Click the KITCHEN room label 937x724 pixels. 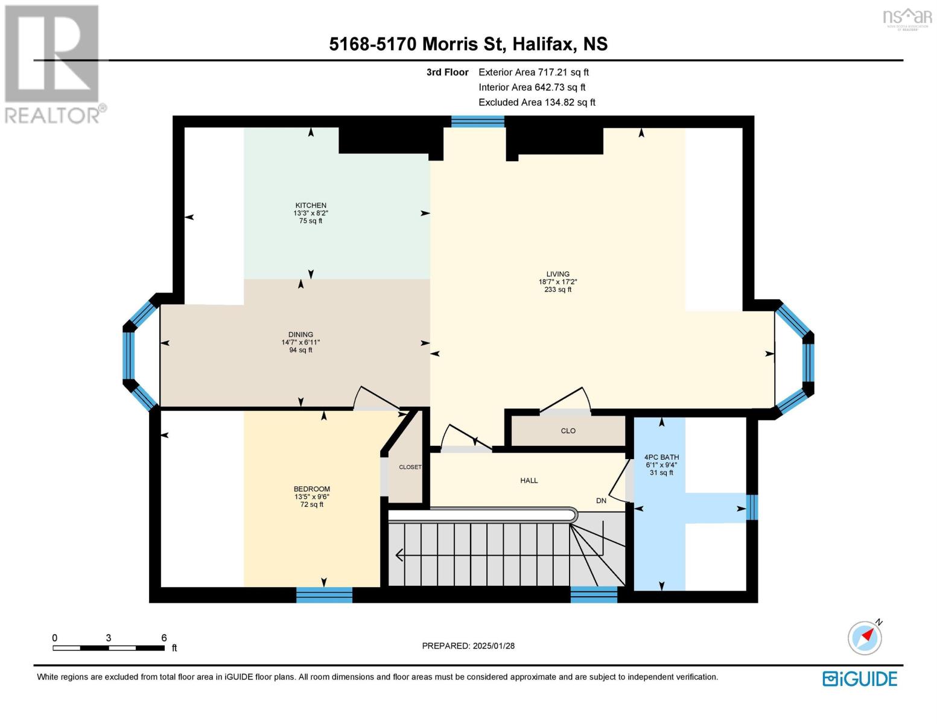[311, 205]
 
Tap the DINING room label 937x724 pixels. [300, 334]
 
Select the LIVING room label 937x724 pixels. [557, 274]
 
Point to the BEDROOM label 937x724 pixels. [312, 489]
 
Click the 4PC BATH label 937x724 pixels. [661, 457]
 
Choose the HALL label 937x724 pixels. [529, 480]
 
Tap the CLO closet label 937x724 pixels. [568, 431]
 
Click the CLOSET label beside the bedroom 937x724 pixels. [410, 467]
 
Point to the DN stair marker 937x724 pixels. [601, 501]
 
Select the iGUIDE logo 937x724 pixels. [860, 679]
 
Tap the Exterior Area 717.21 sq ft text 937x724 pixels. [533, 72]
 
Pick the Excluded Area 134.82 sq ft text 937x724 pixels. [537, 102]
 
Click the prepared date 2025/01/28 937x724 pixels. [494, 646]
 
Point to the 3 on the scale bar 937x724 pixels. [108, 638]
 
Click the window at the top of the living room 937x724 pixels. [478, 122]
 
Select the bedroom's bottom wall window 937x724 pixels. [324, 595]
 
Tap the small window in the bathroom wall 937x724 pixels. [752, 507]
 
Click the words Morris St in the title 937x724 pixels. [463, 44]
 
